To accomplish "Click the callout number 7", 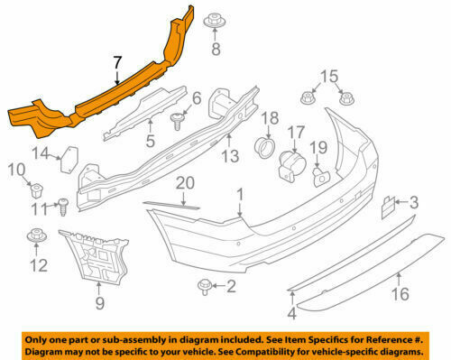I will [115, 62].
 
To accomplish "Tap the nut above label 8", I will [215, 20].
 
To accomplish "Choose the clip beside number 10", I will [37, 190].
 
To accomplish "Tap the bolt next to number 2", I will [203, 287].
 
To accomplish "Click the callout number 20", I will [185, 184].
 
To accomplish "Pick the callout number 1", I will [241, 194].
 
